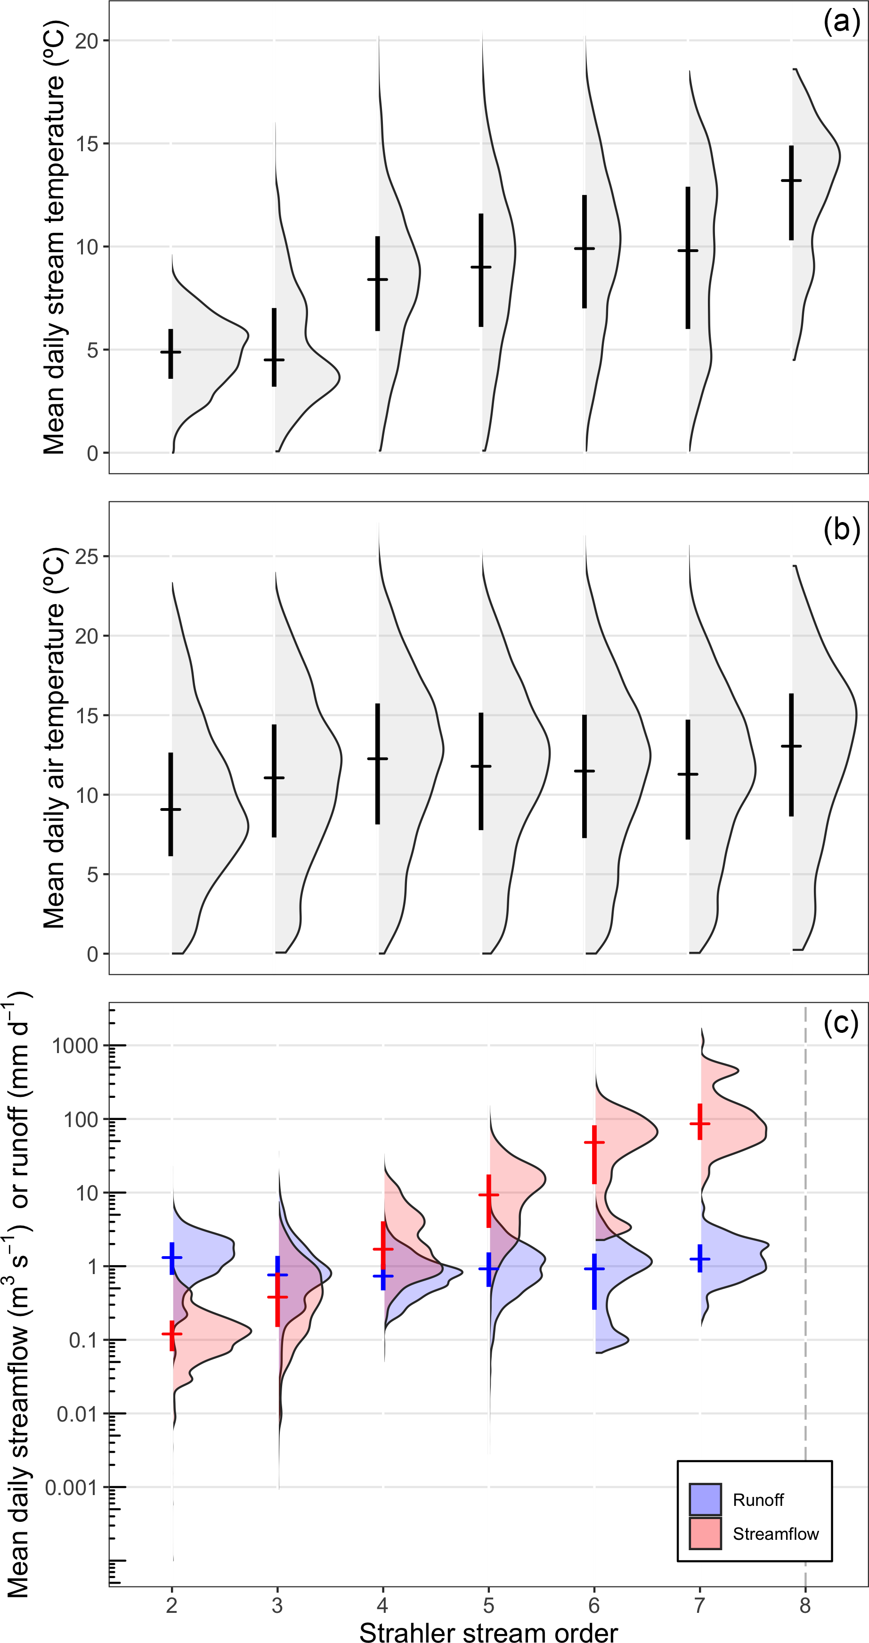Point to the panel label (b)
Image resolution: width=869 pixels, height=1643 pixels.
tap(841, 530)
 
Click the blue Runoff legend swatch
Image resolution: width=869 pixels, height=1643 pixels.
tap(705, 1499)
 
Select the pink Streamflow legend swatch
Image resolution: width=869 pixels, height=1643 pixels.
tap(705, 1533)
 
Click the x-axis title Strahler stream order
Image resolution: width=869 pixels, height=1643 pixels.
tap(488, 1632)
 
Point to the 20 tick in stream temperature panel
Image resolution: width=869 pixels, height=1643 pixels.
tap(87, 41)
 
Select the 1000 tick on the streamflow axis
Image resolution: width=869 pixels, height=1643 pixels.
tap(75, 1046)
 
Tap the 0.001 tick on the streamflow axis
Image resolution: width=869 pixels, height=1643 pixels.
tap(70, 1488)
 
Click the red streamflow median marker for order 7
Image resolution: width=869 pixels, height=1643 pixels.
tap(700, 1123)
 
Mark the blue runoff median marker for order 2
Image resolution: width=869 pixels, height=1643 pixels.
tap(171, 1258)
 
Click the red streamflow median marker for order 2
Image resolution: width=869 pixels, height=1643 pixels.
tap(171, 1333)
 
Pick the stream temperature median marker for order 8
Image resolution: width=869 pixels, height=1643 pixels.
tap(791, 180)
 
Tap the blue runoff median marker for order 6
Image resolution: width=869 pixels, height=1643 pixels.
tap(594, 1269)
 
